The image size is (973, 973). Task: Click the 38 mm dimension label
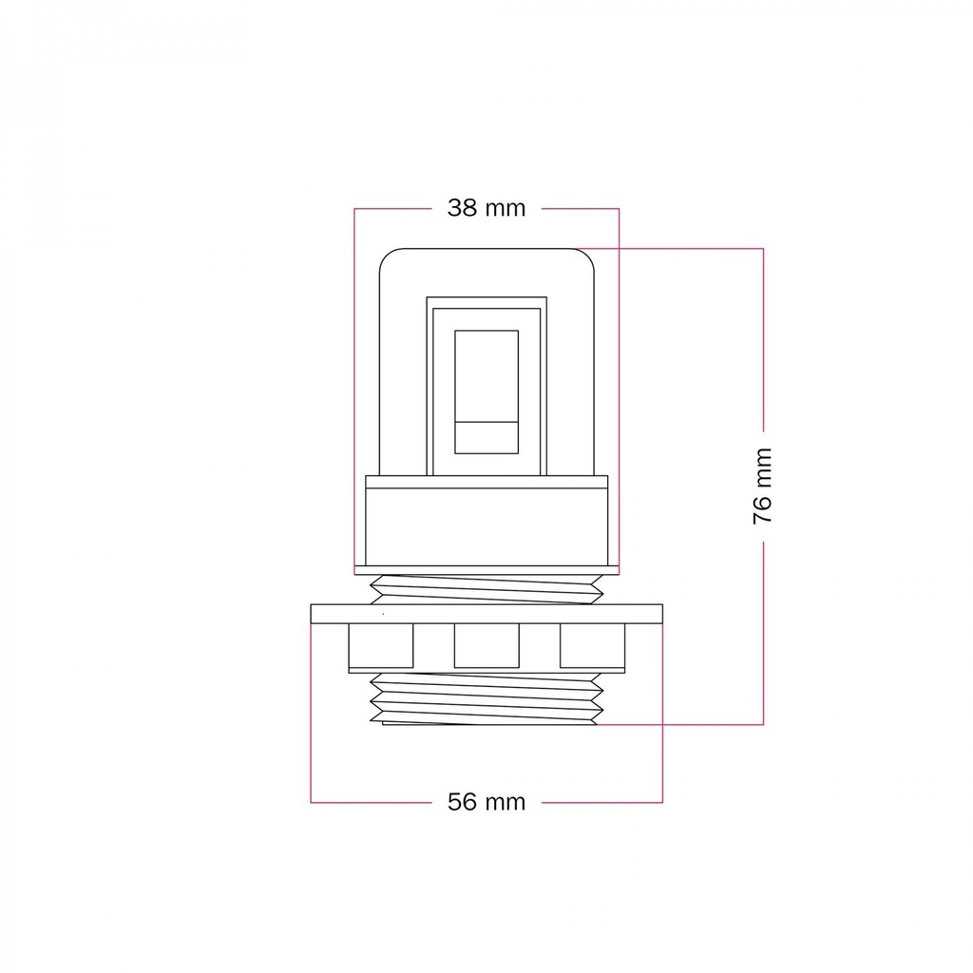pos(486,208)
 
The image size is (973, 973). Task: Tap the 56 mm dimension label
pos(486,802)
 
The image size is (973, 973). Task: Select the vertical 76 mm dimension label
pos(763,486)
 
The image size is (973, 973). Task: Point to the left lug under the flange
pos(381,645)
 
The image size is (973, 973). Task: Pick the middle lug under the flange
pos(486,645)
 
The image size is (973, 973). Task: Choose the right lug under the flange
pos(593,645)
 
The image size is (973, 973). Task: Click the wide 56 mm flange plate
pos(486,614)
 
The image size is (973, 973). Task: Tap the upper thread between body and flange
pos(486,589)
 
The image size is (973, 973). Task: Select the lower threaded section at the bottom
pos(486,698)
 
